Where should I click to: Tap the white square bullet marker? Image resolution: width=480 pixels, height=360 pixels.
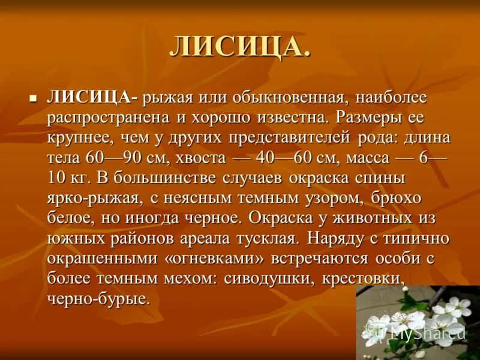(34, 97)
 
